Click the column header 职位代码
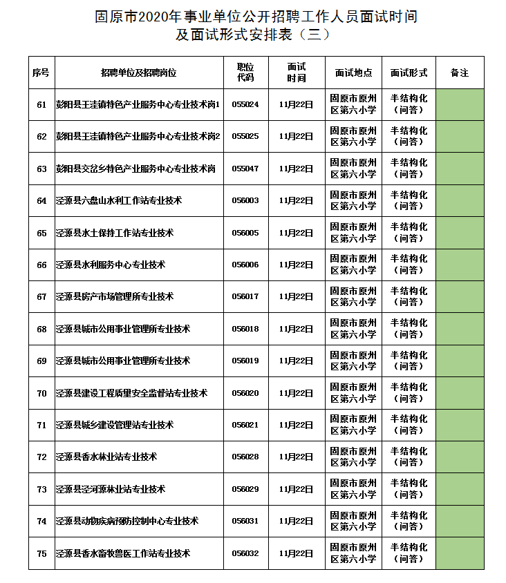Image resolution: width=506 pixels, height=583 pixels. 245,72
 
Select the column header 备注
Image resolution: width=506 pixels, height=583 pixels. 460,72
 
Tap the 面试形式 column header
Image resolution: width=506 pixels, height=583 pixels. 409,72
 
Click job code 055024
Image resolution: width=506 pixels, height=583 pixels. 245,104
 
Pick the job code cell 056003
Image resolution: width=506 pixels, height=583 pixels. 245,200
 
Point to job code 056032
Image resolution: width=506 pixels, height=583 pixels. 245,553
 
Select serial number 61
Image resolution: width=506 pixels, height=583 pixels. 41,104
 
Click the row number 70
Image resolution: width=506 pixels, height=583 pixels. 41,393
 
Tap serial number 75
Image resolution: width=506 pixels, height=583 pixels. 41,553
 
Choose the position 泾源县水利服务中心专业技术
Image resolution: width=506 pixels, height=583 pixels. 111,265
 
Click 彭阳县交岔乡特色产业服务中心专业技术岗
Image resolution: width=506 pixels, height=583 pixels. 135,169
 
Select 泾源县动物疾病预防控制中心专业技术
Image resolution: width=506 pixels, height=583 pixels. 127,522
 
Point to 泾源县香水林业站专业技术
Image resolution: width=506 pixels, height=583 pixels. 106,457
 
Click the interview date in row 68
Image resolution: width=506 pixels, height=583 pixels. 296,329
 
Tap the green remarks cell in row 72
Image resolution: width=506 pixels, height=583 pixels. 460,457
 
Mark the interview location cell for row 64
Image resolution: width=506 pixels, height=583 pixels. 353,200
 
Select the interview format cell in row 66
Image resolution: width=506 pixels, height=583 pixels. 409,265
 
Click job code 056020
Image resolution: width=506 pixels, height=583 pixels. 245,393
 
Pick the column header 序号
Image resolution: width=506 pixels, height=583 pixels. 41,72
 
